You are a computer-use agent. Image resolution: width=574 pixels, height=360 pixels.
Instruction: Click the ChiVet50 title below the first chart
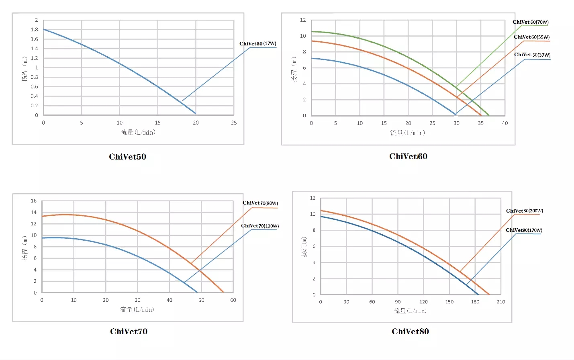click(127, 157)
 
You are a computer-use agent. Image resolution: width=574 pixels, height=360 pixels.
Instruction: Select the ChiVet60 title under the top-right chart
click(408, 156)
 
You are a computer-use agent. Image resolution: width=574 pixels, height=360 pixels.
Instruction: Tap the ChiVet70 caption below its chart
click(129, 331)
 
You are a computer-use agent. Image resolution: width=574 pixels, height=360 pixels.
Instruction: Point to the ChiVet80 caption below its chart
click(410, 331)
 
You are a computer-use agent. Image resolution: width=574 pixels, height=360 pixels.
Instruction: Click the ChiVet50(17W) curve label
click(257, 43)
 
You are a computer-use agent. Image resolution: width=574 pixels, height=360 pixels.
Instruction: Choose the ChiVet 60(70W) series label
click(530, 22)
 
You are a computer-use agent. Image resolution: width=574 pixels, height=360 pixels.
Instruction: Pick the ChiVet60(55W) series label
click(531, 37)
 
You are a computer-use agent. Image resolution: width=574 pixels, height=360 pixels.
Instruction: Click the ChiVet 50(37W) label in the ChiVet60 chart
click(532, 55)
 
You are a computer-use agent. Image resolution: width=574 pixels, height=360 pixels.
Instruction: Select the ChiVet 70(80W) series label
click(260, 203)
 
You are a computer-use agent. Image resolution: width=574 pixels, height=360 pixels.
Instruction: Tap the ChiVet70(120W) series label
click(259, 226)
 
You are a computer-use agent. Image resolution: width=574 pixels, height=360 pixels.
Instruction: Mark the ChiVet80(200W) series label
click(524, 211)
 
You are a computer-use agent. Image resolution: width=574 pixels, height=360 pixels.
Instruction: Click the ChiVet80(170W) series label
click(524, 230)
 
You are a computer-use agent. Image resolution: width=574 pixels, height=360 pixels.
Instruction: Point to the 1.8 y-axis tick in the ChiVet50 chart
click(35, 29)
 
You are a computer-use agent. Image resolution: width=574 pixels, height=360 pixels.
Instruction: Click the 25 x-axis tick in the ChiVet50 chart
click(234, 123)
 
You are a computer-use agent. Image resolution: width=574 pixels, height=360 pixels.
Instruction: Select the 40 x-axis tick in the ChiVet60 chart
click(505, 123)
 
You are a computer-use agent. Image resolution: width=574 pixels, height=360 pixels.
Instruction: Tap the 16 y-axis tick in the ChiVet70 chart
click(34, 200)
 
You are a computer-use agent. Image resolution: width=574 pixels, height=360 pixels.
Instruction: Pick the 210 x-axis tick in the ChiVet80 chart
click(501, 302)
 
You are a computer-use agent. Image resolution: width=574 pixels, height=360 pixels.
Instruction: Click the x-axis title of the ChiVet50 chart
click(138, 132)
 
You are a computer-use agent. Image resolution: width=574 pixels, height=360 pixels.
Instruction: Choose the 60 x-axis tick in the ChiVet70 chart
click(233, 300)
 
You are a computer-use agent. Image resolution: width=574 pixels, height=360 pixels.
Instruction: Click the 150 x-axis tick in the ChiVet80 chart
click(449, 302)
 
